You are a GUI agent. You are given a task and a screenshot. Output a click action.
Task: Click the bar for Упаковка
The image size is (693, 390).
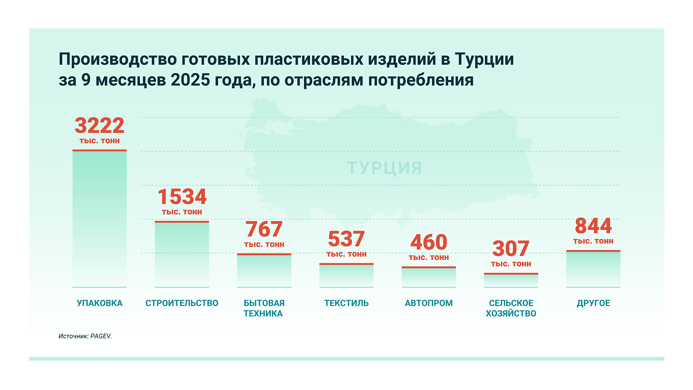coord(99,218)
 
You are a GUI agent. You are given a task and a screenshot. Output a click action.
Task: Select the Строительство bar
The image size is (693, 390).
coord(182,254)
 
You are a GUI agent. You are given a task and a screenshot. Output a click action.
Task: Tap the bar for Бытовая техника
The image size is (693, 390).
coord(264,270)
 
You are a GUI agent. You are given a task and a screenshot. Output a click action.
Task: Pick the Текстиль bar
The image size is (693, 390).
coord(346,276)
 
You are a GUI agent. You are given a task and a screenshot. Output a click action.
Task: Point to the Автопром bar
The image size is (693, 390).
coord(429,277)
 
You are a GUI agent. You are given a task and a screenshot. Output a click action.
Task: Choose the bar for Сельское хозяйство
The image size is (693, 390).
coord(511,280)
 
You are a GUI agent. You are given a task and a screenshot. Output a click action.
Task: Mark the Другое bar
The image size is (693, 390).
coord(593,269)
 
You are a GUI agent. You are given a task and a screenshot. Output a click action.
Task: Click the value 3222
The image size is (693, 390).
coord(99,125)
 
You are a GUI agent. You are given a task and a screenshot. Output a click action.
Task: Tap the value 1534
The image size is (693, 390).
coord(182,197)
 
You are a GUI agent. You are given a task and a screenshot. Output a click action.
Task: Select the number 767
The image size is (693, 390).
coord(264,229)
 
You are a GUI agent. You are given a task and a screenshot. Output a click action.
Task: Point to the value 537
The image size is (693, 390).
coord(346,239)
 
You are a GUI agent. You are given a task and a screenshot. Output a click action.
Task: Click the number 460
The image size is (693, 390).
coord(429,242)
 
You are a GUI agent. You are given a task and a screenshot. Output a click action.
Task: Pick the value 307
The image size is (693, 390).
coord(511,249)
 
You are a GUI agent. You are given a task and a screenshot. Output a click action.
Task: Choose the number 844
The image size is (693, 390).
coord(593,226)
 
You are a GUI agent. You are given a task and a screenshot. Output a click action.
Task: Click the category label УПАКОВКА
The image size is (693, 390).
coord(99,303)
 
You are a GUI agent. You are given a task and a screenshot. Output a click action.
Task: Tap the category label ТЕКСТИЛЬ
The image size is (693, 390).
coord(346,303)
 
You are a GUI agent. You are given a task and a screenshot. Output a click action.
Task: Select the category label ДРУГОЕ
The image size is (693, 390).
coord(593,303)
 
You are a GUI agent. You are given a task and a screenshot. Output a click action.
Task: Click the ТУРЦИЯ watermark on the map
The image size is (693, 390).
coord(385,168)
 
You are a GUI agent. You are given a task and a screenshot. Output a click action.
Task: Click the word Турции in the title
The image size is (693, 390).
coord(484,60)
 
